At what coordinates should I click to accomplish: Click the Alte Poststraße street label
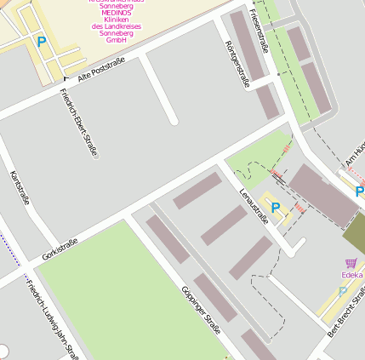pyautogui.click(x=100, y=70)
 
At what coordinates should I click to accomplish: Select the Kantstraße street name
pyautogui.click(x=20, y=188)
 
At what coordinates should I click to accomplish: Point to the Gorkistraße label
pyautogui.click(x=60, y=249)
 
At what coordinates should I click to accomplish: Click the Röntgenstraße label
pyautogui.click(x=237, y=63)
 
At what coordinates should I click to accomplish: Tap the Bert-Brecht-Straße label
pyautogui.click(x=349, y=313)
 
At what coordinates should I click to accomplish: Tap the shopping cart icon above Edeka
pyautogui.click(x=351, y=263)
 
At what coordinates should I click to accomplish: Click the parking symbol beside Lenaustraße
pyautogui.click(x=275, y=207)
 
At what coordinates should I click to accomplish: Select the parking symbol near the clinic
pyautogui.click(x=41, y=41)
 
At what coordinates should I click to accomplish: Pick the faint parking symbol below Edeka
pyautogui.click(x=343, y=291)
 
